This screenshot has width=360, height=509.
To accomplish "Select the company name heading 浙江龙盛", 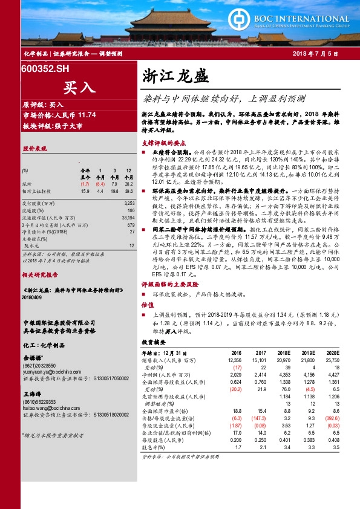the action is click(175, 77).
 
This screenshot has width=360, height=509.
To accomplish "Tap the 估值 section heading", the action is click(145, 305).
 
